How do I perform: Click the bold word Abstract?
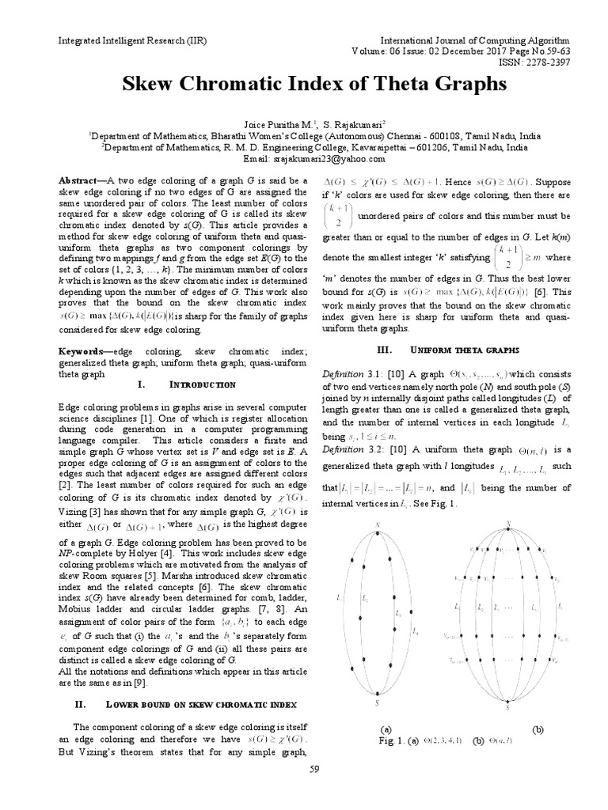82,180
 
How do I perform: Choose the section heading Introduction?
203,384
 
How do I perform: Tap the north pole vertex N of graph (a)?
378,524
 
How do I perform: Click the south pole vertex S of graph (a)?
378,701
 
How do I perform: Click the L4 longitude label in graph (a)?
415,630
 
